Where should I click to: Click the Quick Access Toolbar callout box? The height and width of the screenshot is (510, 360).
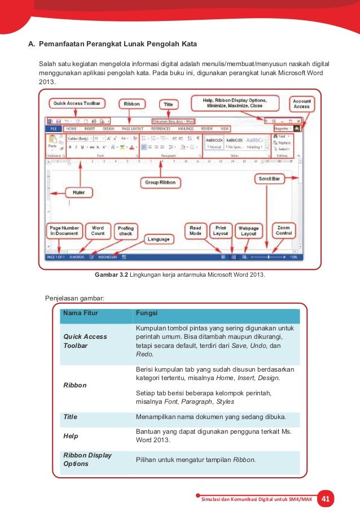click(x=78, y=103)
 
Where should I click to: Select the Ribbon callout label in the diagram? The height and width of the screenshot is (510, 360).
click(x=132, y=104)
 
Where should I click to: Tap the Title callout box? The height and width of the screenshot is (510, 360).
click(x=168, y=104)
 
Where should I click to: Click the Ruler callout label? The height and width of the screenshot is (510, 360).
click(x=78, y=193)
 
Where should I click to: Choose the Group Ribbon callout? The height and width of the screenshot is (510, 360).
click(x=160, y=182)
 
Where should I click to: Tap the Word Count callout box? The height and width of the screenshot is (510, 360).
click(x=98, y=230)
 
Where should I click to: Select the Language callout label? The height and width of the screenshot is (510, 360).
click(x=159, y=239)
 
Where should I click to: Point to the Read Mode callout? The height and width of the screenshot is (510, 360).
click(x=195, y=230)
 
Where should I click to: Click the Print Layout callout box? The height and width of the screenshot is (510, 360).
click(x=220, y=230)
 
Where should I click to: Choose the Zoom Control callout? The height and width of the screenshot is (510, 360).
click(x=284, y=230)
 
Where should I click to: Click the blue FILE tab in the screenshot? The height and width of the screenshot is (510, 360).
click(x=53, y=129)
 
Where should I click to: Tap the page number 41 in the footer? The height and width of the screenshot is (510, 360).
click(x=324, y=499)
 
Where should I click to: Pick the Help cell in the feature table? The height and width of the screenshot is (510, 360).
click(x=71, y=436)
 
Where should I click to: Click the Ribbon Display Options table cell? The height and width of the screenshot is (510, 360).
click(x=87, y=459)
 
